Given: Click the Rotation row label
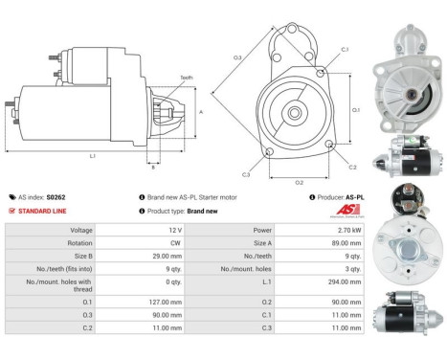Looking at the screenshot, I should (x=78, y=243).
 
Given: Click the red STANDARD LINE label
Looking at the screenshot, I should (x=43, y=211).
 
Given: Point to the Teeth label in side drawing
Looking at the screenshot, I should (x=186, y=78).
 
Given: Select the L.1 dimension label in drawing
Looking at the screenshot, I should (x=92, y=156).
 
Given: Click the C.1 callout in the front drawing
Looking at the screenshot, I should (x=345, y=49).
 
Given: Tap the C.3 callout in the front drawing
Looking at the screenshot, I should (x=246, y=174).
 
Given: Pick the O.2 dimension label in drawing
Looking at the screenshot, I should (x=298, y=181).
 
